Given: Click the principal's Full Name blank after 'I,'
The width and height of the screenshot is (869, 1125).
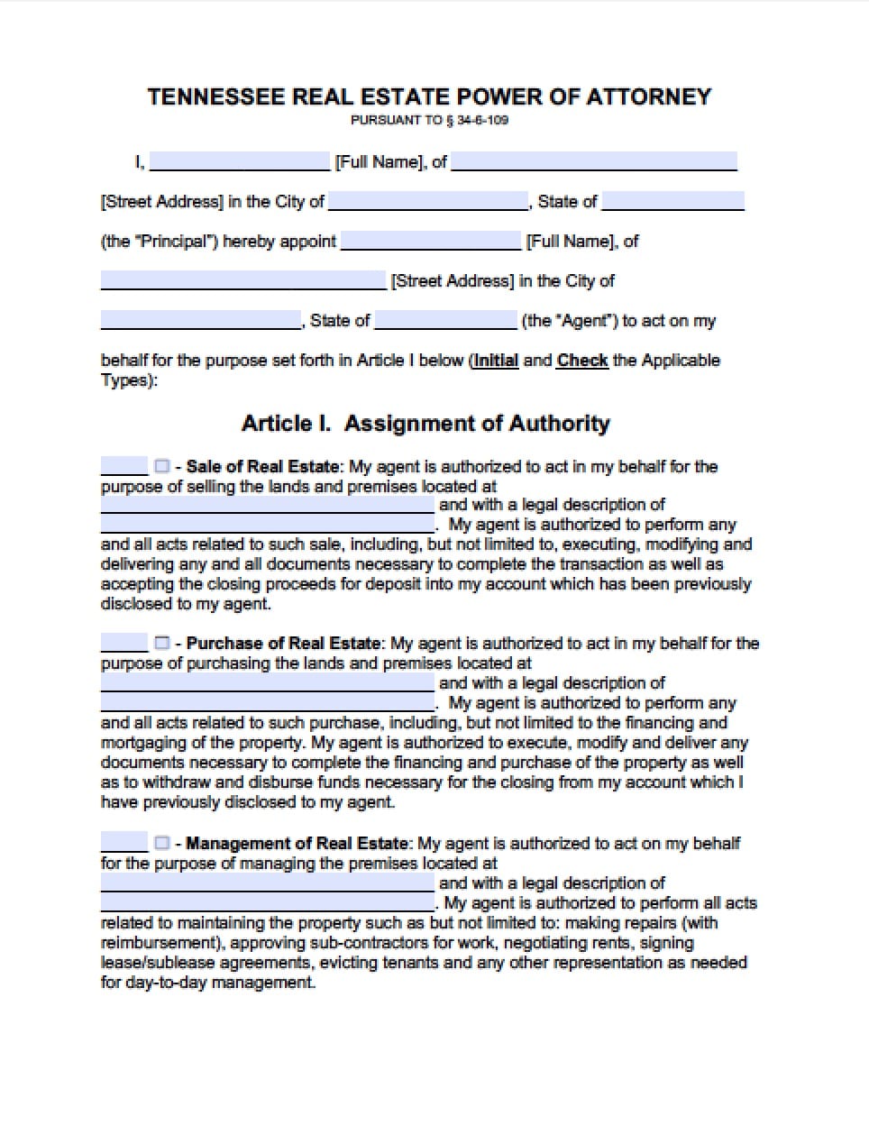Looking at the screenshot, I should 240,162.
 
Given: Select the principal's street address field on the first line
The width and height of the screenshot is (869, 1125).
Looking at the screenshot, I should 593,162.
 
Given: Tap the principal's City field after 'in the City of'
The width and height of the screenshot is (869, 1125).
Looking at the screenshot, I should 428,202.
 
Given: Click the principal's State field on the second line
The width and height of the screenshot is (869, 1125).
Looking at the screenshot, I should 672,202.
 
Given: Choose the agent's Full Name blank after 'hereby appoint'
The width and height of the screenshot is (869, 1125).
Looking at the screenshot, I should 431,242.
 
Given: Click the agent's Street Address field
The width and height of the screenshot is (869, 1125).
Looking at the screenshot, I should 243,281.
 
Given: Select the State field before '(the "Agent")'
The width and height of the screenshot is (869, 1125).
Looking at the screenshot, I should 445,321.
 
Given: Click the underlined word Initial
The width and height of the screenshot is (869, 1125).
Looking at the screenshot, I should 496,361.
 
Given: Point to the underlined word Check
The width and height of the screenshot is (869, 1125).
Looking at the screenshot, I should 582,361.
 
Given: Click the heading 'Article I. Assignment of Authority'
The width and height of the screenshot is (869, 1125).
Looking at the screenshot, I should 425,424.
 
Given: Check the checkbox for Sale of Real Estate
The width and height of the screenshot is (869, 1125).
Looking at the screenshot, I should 161,466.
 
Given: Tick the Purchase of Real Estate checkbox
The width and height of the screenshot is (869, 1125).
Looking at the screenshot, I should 161,643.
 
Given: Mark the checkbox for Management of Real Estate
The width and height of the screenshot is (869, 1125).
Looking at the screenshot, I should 161,843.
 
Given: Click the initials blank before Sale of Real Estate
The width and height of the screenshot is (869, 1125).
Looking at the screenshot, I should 123,467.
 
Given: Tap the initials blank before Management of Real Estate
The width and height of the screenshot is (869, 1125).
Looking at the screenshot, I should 123,844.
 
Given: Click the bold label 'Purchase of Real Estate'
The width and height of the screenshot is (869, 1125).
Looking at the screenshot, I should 284,644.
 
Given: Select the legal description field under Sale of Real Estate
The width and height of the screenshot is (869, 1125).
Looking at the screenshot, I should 268,525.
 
